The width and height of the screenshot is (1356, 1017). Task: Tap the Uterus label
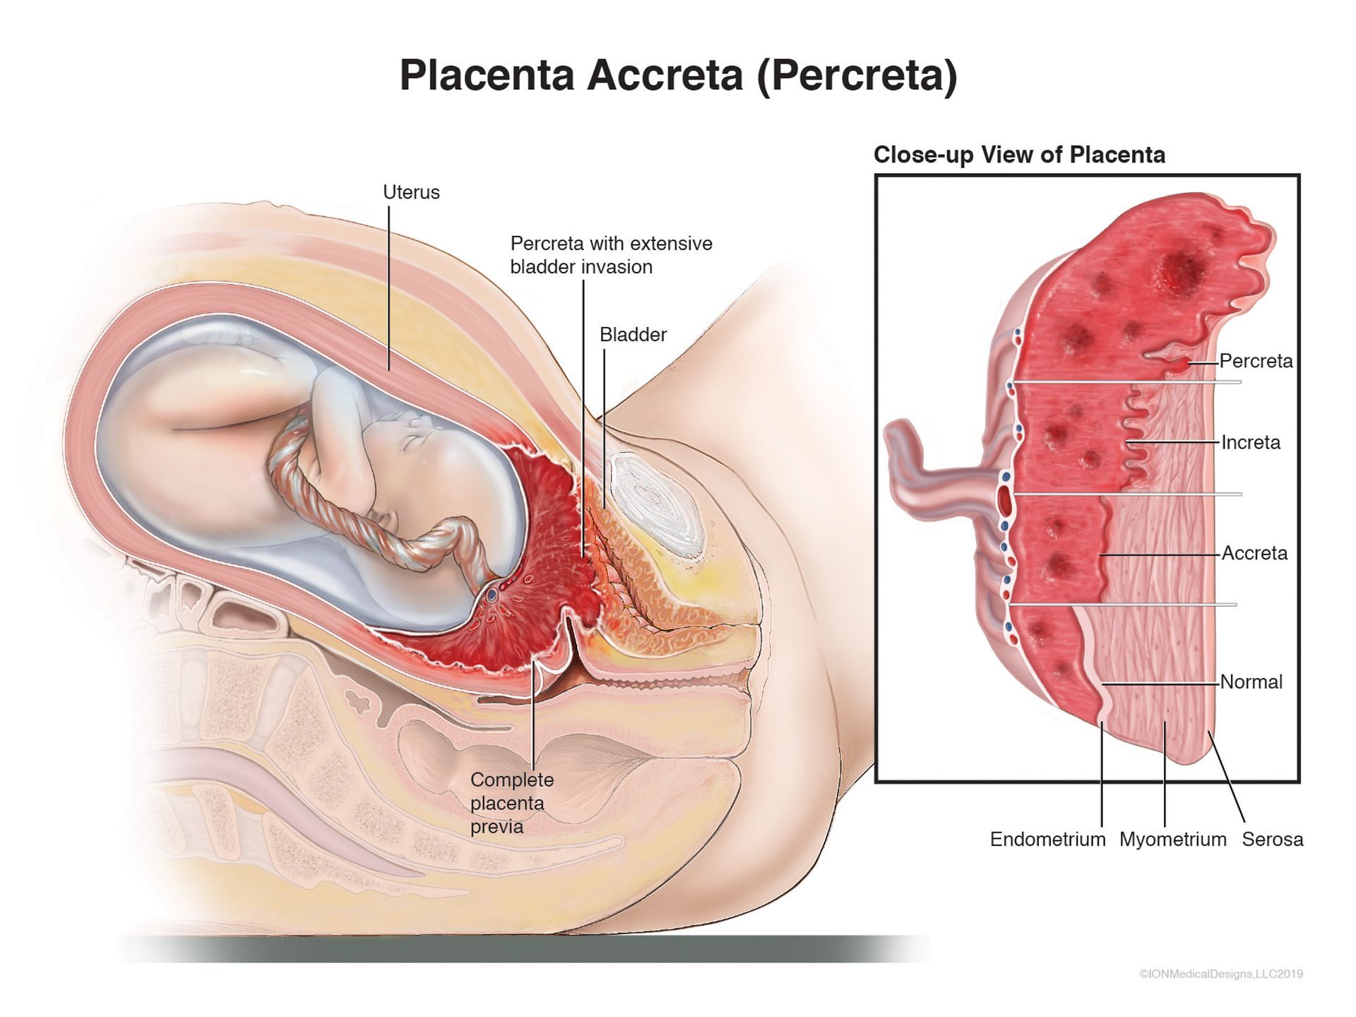[x=411, y=192]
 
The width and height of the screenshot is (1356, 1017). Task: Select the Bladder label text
[x=633, y=335]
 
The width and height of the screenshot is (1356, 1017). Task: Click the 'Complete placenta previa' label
[x=512, y=803]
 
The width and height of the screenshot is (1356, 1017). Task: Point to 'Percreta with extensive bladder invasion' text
[x=611, y=255]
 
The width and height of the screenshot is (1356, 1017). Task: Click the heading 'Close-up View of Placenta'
[x=1019, y=155]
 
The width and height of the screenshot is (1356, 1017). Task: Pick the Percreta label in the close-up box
[x=1256, y=361]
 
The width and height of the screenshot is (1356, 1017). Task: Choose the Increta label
[x=1251, y=442]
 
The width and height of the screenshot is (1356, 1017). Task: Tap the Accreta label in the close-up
[x=1254, y=553]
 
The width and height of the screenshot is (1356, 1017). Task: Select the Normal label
[x=1251, y=682]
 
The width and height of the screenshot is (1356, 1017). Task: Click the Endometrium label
[x=1047, y=839]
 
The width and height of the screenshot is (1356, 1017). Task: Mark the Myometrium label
[x=1172, y=839]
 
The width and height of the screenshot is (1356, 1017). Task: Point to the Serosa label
[x=1272, y=839]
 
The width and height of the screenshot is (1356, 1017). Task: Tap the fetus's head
[x=417, y=459]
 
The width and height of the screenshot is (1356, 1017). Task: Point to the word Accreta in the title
[x=665, y=75]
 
